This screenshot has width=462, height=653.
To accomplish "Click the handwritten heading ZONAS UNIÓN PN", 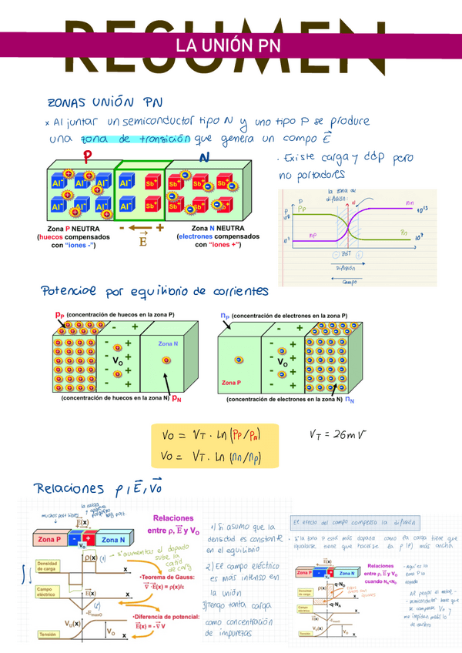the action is pyautogui.click(x=105, y=102).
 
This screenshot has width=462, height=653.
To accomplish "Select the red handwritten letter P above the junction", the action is pyautogui.click(x=88, y=156).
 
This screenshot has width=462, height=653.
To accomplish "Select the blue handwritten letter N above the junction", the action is pyautogui.click(x=204, y=157).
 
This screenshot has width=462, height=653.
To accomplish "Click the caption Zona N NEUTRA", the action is pyautogui.click(x=218, y=229).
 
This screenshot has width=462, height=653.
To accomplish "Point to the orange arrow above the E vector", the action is pyautogui.click(x=140, y=229).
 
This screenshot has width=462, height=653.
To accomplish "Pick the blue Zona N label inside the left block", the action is pyautogui.click(x=167, y=343).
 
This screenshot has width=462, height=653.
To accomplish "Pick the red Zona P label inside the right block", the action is pyautogui.click(x=231, y=382).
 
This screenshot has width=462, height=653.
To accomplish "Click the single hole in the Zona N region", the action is pyautogui.click(x=165, y=360).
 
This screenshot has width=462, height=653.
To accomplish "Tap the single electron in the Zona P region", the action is pyautogui.click(x=240, y=360).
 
